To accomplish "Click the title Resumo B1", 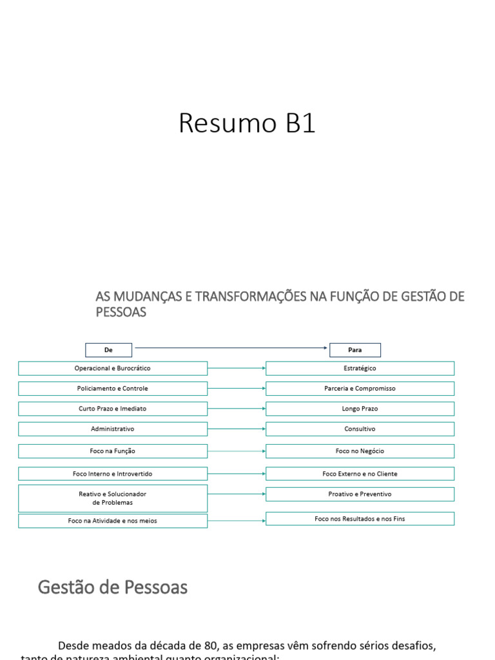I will point(247,123).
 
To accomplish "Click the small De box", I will point(108,350).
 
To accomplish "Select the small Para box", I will point(355,350).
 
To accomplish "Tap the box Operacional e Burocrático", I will point(113,368).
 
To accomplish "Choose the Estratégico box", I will point(360,368).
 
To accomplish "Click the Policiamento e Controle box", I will point(113,389).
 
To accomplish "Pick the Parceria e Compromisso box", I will point(360,389).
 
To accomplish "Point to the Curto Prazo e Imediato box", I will point(113,409).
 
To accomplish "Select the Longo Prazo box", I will point(360,409).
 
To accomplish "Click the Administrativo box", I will point(113,429).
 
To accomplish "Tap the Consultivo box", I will point(360,429).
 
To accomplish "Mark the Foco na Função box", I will point(113,451).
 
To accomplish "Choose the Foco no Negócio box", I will point(360,451).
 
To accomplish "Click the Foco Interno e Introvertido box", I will point(113,474).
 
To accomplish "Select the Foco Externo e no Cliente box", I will point(360,474).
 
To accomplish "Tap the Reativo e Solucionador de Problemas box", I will point(113,498).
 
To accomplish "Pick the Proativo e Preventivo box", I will point(360,494).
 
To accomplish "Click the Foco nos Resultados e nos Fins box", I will point(360,518).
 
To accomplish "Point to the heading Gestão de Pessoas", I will point(113,587).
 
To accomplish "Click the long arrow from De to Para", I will point(231,348).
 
